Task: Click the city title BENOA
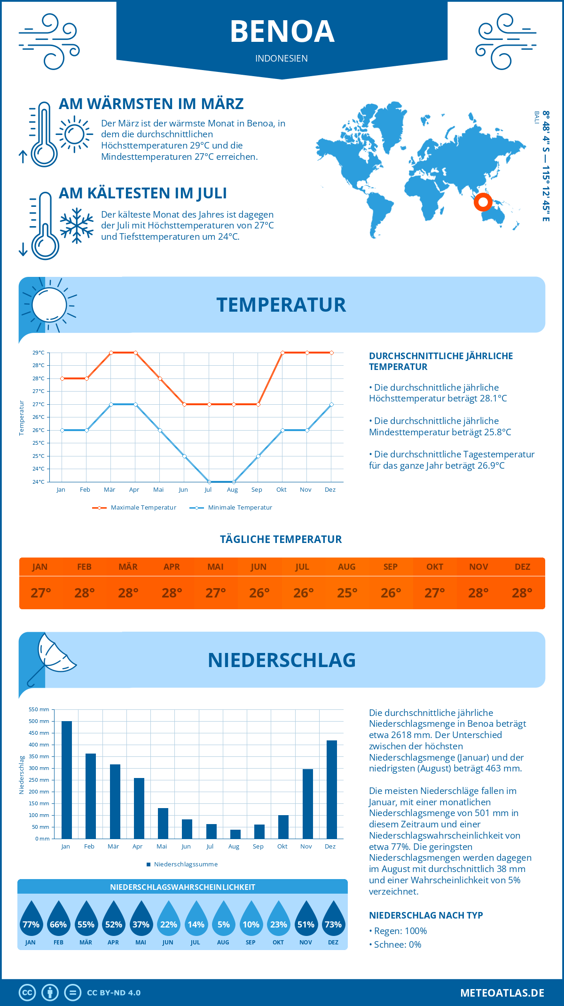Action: coord(282,31)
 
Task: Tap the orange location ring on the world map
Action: coord(483,202)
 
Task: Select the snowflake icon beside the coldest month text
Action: coord(77,226)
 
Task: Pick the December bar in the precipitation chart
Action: coord(332,789)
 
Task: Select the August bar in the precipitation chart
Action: coord(235,834)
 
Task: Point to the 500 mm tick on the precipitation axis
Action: coord(39,721)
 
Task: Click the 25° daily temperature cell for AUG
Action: coord(347,593)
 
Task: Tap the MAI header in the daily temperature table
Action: coord(215,566)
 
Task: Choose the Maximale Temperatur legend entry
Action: coord(134,508)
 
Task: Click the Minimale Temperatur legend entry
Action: coord(231,508)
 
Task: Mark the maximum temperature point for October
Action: coord(282,353)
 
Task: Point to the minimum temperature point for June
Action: coord(184,456)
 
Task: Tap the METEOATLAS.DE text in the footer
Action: coord(502,992)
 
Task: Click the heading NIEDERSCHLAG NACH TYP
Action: coord(426,915)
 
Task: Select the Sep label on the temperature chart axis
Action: coord(257,489)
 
